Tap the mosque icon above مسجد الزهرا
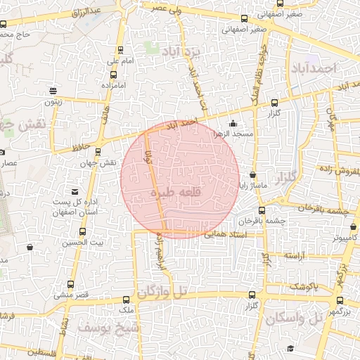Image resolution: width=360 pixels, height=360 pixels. (233, 124)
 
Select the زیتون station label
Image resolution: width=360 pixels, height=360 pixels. (54, 102)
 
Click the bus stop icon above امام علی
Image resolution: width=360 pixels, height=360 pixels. (122, 50)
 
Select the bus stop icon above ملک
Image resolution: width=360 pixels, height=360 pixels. (127, 299)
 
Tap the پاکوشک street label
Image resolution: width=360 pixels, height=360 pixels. (303, 288)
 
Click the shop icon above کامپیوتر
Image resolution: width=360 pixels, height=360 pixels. (353, 228)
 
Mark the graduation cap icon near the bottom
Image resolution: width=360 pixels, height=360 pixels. (290, 348)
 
